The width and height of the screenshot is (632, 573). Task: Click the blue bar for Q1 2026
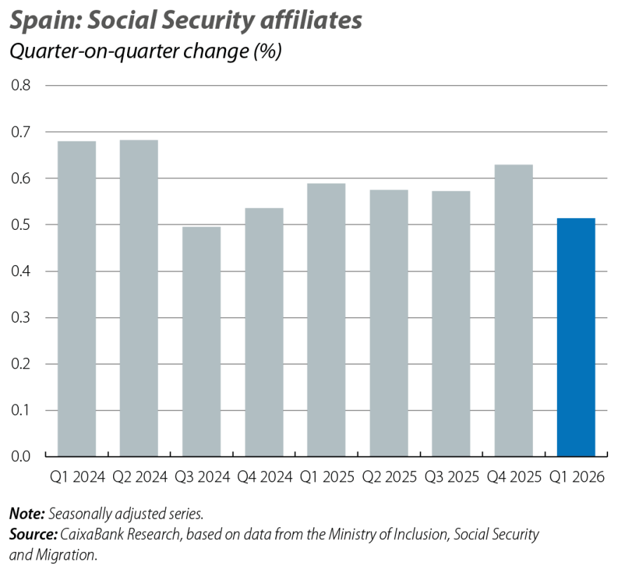577,337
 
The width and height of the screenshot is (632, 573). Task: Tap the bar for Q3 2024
202,342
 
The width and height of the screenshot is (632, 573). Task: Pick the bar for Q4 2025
513,310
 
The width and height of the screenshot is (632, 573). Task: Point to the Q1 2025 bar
327,320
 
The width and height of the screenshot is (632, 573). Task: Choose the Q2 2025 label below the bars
389,477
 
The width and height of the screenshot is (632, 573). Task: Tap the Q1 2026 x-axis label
577,477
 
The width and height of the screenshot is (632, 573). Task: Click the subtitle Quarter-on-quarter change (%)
145,53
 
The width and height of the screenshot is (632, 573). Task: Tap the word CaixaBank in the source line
93,535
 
